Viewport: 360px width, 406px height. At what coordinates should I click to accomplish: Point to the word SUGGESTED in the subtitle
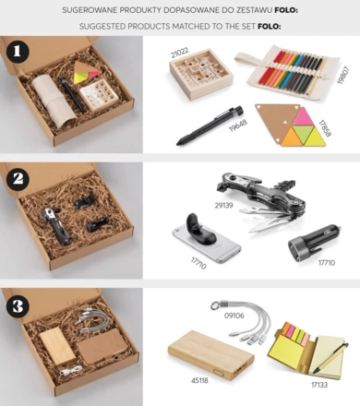tap(110, 26)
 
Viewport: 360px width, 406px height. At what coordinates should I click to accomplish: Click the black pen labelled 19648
tap(203, 126)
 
